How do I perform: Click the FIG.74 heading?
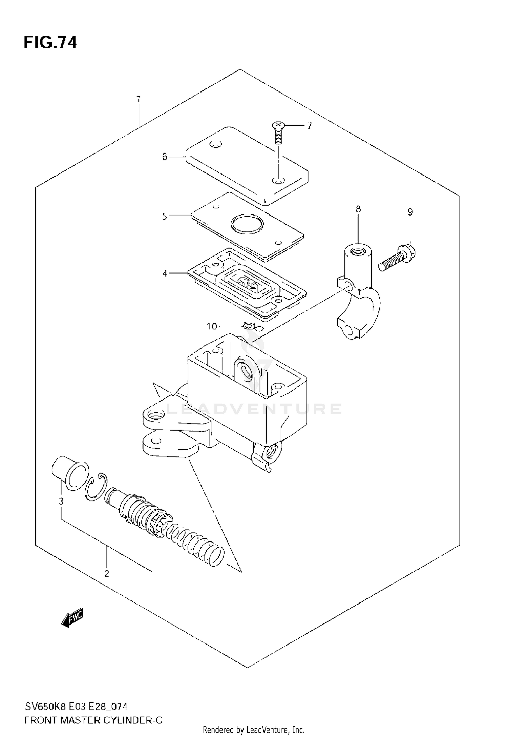[50, 43]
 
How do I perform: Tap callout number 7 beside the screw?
[309, 126]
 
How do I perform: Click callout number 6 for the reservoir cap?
[165, 157]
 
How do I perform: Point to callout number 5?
[165, 216]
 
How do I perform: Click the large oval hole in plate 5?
[247, 224]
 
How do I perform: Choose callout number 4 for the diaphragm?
[165, 273]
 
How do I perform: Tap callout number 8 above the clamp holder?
[358, 209]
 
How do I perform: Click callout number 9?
[410, 212]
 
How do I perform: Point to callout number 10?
[212, 326]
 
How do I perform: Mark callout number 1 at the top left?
[138, 100]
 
